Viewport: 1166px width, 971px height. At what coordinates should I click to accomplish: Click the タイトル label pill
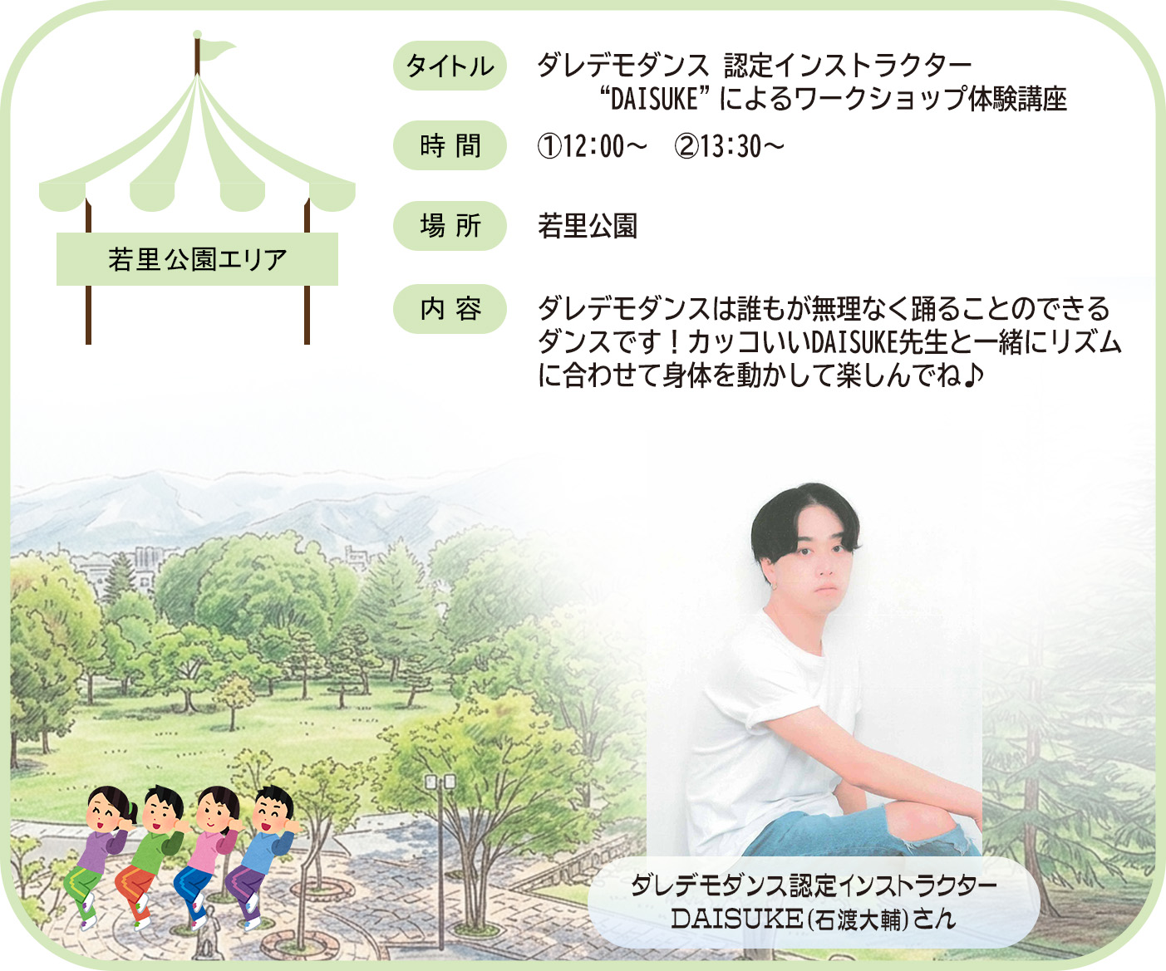[450, 66]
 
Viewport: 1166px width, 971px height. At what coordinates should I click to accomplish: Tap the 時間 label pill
[450, 145]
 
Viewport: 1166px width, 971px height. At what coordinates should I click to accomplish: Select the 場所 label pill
[450, 226]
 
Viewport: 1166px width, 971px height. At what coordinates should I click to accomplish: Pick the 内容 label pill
[450, 309]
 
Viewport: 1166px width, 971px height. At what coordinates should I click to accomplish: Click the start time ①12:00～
[592, 147]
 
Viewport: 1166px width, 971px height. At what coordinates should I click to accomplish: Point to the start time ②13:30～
[729, 147]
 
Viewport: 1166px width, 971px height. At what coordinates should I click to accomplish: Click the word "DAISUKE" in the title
[655, 100]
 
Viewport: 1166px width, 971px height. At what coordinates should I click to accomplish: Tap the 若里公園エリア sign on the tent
[197, 259]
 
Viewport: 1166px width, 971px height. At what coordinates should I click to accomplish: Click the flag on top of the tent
[218, 50]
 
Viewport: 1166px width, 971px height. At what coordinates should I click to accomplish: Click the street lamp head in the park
[440, 782]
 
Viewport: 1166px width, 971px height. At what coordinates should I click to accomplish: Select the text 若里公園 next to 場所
[588, 226]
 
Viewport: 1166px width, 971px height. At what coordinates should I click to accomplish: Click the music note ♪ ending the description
[972, 375]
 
